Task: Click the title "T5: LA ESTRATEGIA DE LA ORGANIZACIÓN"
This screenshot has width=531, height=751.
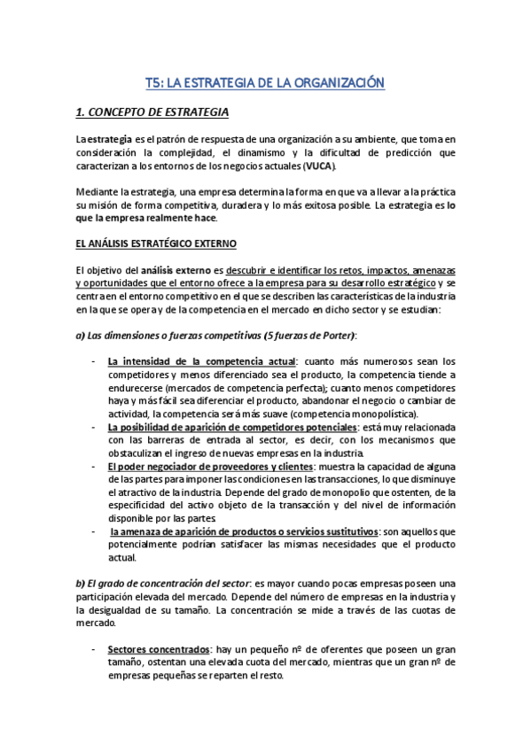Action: pos(265,82)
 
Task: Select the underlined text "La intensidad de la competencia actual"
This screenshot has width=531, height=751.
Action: pos(201,361)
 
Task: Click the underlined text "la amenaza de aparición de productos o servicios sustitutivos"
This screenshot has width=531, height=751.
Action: pos(243,531)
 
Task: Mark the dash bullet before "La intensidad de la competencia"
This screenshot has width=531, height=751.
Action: pos(94,361)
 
